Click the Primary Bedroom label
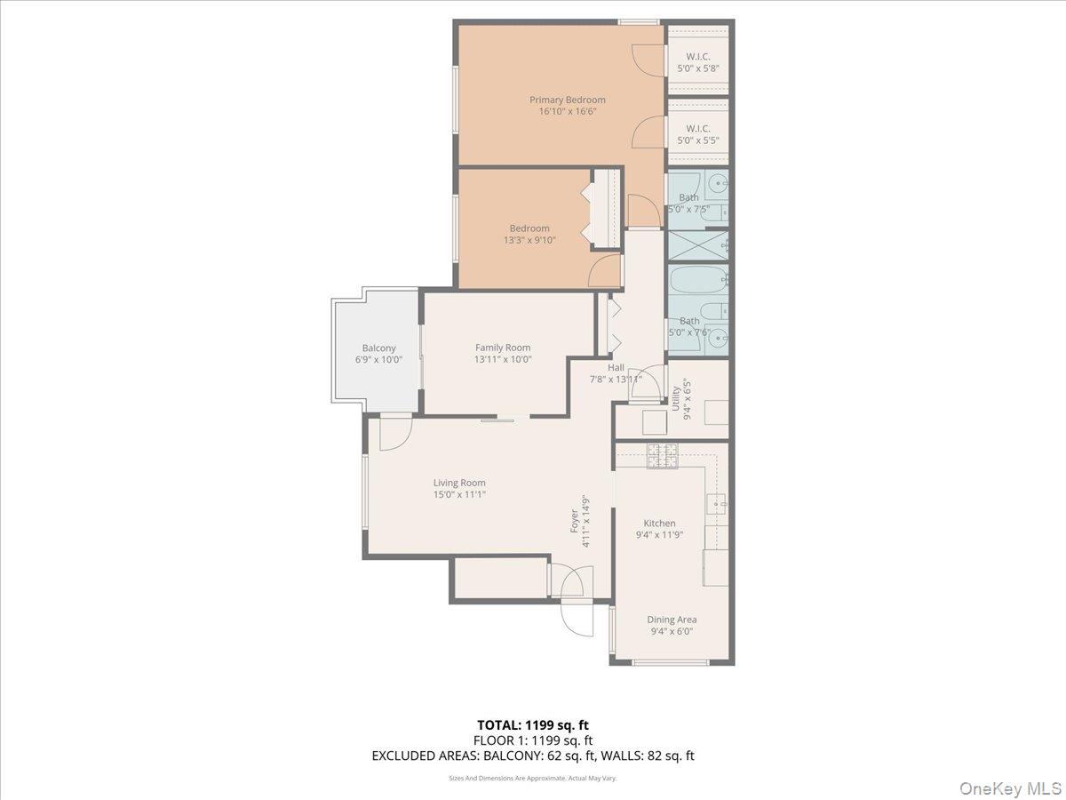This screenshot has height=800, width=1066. click(567, 100)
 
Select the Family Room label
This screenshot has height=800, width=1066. click(502, 348)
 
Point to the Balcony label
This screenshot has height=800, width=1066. click(378, 348)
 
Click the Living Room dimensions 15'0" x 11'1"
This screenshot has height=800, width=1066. click(459, 495)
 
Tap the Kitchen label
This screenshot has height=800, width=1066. click(659, 524)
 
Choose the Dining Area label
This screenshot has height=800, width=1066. click(672, 620)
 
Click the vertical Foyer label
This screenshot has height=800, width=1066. click(574, 521)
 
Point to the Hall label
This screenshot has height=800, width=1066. click(616, 367)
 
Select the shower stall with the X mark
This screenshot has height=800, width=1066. click(698, 244)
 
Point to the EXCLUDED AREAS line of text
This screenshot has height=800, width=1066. click(532, 756)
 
